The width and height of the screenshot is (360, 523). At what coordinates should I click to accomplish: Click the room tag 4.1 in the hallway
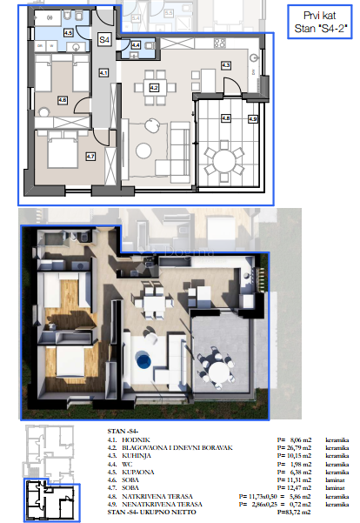tap(103, 74)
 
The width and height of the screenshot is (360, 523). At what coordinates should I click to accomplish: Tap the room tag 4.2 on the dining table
tap(154, 87)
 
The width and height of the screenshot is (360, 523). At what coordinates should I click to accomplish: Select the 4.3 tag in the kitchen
tap(225, 65)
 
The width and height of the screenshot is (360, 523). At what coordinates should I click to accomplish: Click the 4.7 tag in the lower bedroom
tap(90, 157)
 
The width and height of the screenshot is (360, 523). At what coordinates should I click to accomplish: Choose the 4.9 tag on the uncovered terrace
tap(252, 119)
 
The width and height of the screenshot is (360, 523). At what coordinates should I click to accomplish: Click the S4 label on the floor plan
tap(103, 40)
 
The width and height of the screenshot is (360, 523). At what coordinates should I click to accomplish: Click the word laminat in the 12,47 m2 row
tap(337, 486)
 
